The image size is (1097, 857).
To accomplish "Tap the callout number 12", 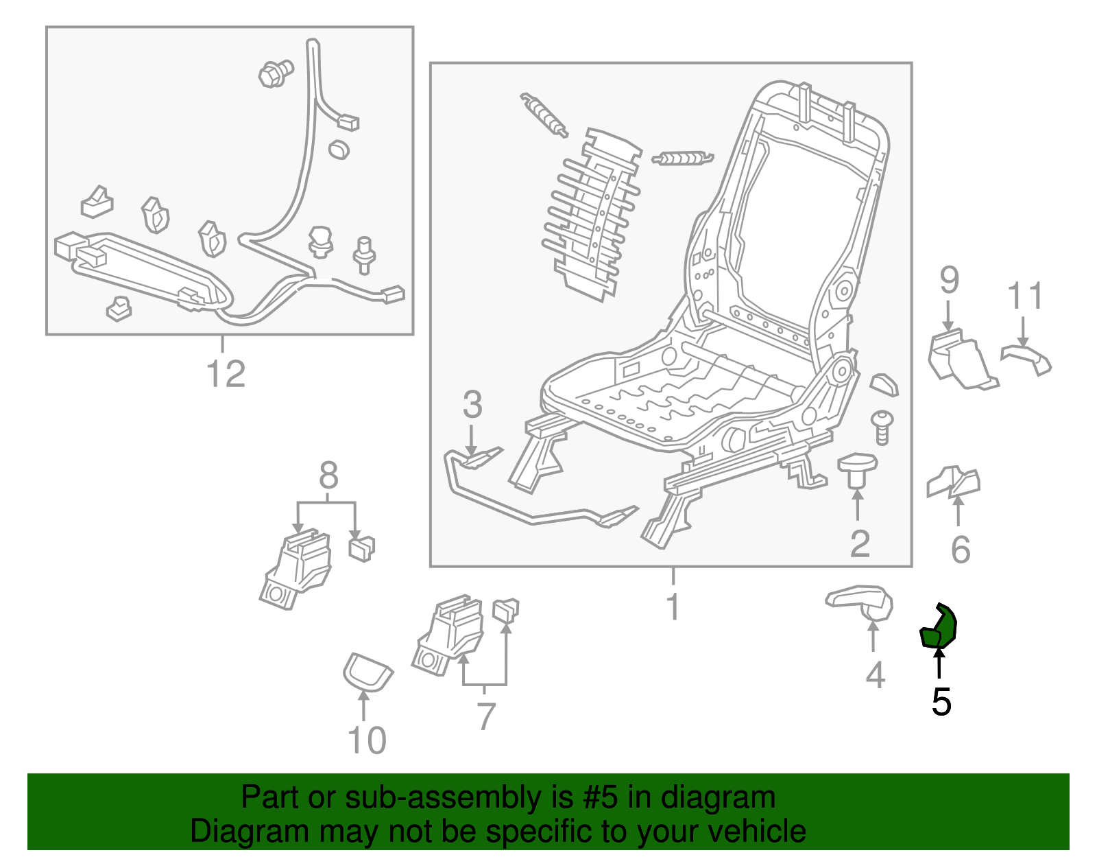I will (226, 374).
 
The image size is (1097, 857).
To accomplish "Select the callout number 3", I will (472, 405).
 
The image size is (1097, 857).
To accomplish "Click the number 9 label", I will (949, 280).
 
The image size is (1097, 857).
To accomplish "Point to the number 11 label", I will (1025, 296).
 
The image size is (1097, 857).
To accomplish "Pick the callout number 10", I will (367, 740).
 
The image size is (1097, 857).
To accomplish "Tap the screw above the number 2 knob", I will (882, 427).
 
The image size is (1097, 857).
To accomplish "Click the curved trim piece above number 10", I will (367, 671).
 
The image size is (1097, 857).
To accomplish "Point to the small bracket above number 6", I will (954, 482).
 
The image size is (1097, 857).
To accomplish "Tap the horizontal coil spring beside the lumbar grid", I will (682, 159).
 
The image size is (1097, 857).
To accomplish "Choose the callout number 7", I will (485, 716).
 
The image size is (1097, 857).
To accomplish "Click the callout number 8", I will (328, 475).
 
